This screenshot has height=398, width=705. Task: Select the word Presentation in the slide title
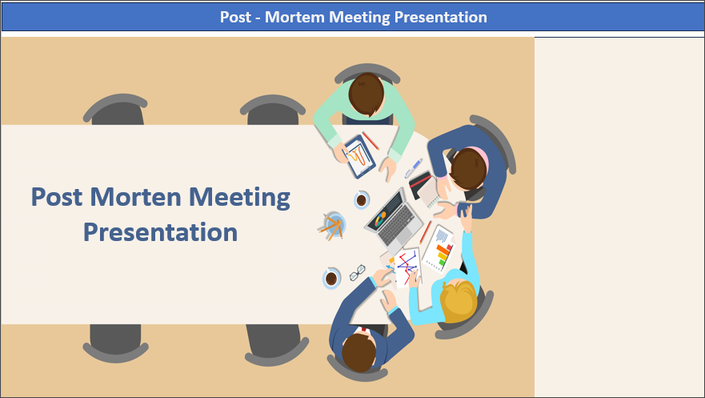(x=160, y=232)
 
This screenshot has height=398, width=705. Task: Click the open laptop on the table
(x=393, y=217)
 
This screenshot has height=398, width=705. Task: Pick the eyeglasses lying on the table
(x=357, y=272)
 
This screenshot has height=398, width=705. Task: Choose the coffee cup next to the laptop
(x=362, y=199)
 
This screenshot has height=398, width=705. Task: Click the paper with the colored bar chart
(x=439, y=250)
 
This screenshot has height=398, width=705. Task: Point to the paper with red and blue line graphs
(x=407, y=266)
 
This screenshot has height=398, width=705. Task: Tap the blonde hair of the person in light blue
(x=458, y=301)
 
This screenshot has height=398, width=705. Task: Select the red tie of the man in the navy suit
(x=365, y=329)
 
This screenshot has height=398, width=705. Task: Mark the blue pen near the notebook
(x=414, y=167)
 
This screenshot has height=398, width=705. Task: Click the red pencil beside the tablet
(x=371, y=140)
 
